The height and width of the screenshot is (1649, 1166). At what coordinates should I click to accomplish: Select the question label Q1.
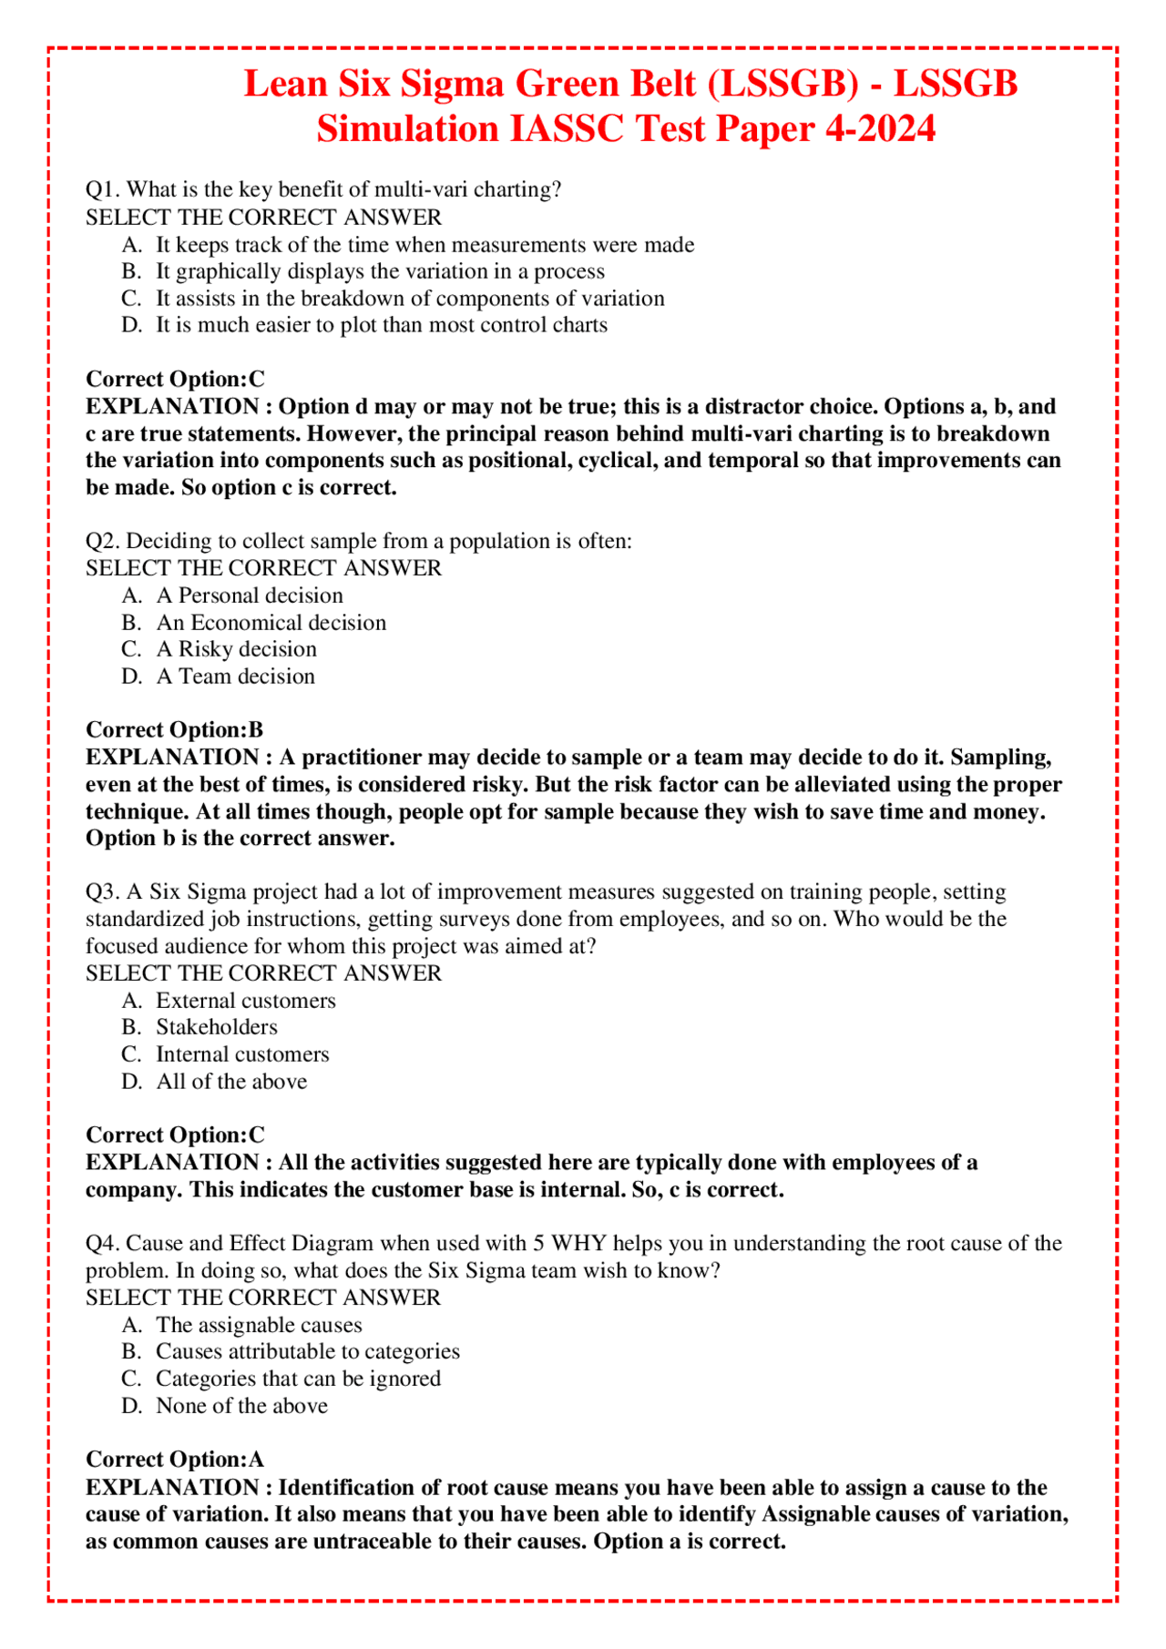pos(102,189)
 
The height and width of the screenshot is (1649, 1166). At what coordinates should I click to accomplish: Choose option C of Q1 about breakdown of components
pos(410,299)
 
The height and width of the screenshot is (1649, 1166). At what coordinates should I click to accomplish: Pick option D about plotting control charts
pos(381,325)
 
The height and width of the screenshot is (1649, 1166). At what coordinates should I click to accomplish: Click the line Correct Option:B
pos(174,730)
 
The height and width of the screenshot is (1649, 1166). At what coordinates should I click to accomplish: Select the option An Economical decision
pos(271,623)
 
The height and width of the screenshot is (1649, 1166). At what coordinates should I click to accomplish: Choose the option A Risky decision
pos(236,649)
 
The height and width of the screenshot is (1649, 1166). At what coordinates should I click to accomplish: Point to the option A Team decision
pos(235,677)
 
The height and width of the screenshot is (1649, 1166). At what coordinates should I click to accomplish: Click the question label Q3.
pos(102,891)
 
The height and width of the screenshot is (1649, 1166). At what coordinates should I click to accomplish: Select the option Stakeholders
pos(216,1027)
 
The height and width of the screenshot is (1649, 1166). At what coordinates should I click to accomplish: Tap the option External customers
pos(245,1001)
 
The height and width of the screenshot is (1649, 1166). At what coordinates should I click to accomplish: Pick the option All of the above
pos(231,1082)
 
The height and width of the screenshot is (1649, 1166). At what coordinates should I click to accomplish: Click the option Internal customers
pos(242,1054)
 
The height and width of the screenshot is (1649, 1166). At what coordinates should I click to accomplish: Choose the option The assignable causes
pos(259,1325)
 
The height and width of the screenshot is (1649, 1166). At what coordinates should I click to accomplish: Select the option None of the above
pos(241,1406)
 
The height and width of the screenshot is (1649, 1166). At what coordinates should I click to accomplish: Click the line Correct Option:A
pos(174,1460)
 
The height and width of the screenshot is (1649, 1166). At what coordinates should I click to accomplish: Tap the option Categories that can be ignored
pos(298,1379)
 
